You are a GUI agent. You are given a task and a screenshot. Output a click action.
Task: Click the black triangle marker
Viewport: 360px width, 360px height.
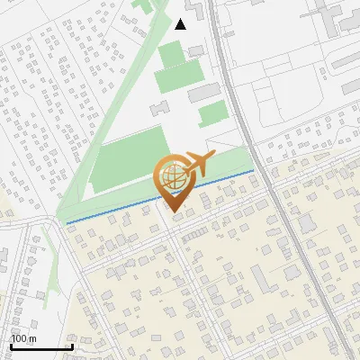180,24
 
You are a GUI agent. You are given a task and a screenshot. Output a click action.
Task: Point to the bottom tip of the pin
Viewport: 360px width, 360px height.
171,212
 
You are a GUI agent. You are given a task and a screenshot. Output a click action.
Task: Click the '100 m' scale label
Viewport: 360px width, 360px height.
24,338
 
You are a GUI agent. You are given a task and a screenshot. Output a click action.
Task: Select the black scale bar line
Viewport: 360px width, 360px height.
41,346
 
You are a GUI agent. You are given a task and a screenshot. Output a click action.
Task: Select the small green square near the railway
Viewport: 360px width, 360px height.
212,113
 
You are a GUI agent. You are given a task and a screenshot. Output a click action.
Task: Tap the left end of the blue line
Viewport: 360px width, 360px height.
67,221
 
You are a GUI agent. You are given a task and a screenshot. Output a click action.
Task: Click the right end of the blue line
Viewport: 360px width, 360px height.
254,169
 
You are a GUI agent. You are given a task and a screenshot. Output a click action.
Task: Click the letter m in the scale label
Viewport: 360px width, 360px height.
33,338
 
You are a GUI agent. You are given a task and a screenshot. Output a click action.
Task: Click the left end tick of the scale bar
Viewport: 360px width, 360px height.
11,345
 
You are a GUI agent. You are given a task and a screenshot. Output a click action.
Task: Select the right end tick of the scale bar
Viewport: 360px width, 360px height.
72,345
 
